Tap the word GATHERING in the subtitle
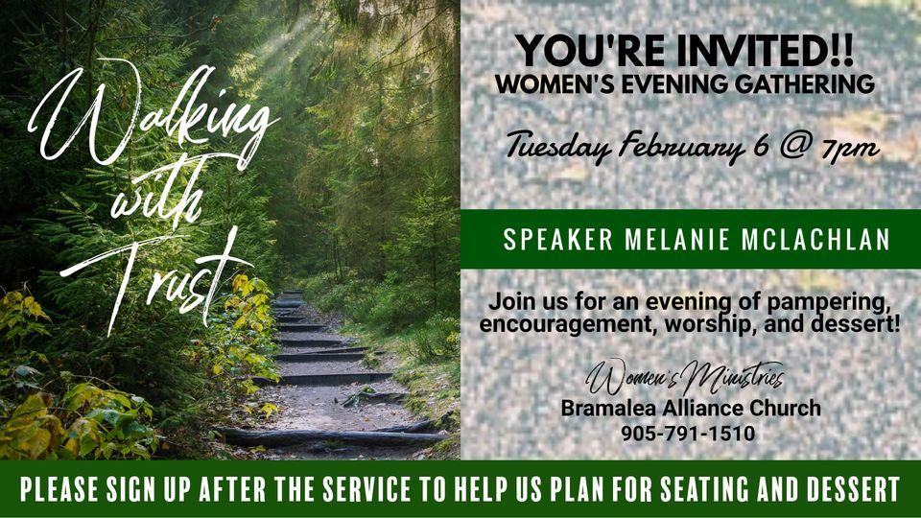point(806,84)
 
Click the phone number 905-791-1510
point(688,434)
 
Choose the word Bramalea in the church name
point(605,409)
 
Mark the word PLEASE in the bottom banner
point(63,489)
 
